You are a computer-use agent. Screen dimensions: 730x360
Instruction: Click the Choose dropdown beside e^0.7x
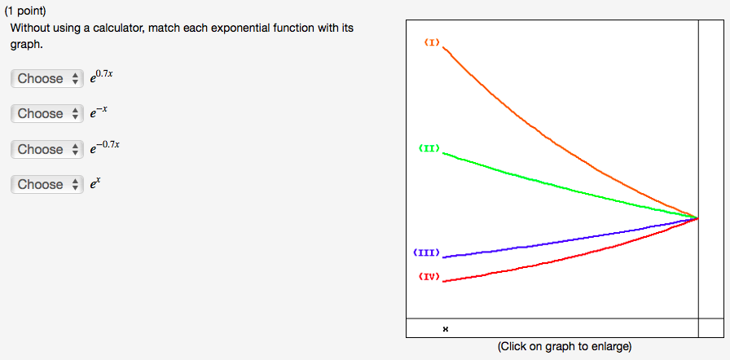(x=47, y=79)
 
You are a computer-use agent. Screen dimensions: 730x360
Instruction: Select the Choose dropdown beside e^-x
(x=47, y=113)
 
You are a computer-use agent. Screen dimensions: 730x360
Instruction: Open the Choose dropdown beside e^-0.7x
(x=47, y=149)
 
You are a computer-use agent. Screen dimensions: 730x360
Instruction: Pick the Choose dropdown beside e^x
(x=47, y=185)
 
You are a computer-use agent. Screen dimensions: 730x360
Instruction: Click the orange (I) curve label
(x=432, y=43)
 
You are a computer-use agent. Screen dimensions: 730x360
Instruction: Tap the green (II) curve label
(x=429, y=148)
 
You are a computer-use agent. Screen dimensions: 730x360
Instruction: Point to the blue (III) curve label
(x=426, y=253)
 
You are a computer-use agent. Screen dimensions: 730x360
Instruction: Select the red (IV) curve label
(x=429, y=277)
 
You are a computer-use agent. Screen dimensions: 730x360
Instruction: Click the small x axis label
(x=446, y=329)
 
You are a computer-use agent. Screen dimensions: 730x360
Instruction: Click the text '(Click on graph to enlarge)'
(x=565, y=346)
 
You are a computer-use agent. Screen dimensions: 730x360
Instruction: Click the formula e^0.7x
(x=102, y=77)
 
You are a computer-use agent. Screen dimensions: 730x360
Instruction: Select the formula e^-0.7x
(x=105, y=148)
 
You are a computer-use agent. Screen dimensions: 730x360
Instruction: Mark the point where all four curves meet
(x=698, y=217)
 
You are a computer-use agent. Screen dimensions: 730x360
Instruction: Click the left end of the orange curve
(x=442, y=46)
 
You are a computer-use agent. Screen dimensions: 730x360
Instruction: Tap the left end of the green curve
(x=442, y=152)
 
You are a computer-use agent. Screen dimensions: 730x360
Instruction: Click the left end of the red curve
(x=442, y=281)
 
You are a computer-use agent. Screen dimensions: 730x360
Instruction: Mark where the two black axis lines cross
(x=698, y=318)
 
